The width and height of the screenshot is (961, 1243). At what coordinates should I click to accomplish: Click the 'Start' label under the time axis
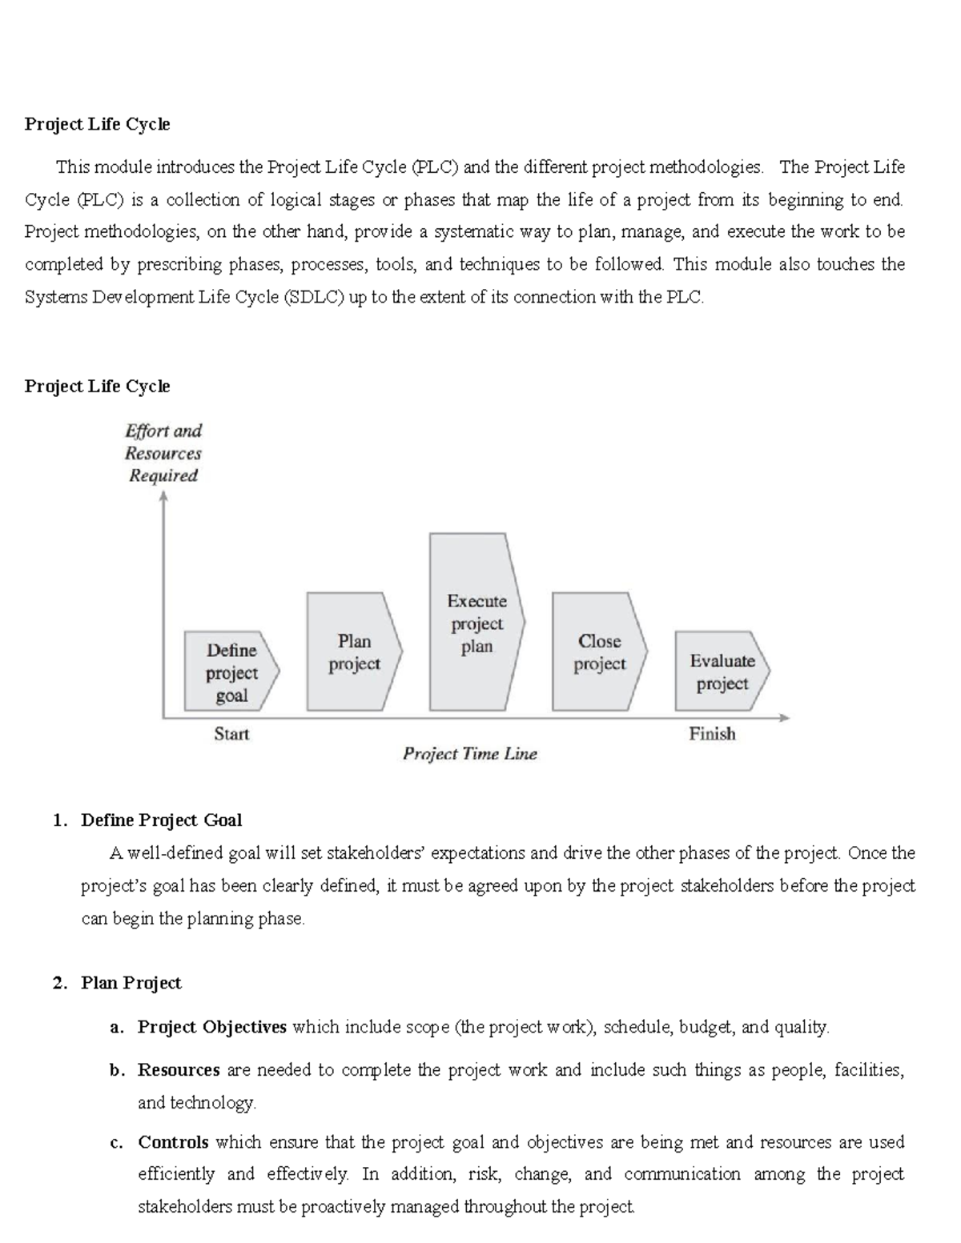click(231, 733)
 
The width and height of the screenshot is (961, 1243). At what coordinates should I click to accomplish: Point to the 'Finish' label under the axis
click(712, 733)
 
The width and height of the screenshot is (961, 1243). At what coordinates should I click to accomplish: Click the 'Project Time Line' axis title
click(470, 753)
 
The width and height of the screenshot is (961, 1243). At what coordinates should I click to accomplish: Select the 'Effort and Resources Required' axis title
click(163, 453)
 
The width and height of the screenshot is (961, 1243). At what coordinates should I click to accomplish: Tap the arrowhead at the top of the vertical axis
click(163, 497)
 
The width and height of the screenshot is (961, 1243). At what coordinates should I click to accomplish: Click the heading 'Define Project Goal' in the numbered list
click(161, 820)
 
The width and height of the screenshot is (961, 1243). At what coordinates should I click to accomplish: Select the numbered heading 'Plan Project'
click(131, 983)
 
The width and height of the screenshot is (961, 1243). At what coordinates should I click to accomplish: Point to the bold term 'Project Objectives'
click(212, 1027)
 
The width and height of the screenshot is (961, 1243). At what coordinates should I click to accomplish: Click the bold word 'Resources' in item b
click(179, 1070)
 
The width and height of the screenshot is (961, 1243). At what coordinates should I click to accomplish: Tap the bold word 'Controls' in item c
click(173, 1142)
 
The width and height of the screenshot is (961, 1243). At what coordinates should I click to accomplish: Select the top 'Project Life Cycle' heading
click(97, 124)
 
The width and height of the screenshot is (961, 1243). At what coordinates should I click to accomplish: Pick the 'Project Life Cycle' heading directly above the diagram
click(97, 386)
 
